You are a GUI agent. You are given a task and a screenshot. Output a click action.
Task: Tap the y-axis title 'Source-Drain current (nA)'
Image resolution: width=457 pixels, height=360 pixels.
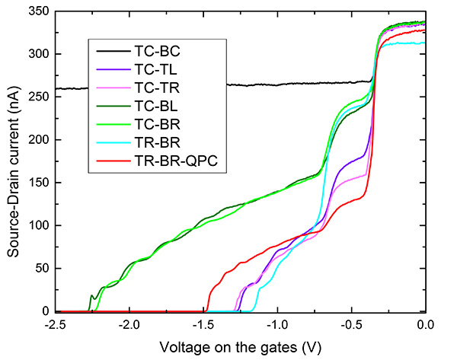[x=13, y=161]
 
